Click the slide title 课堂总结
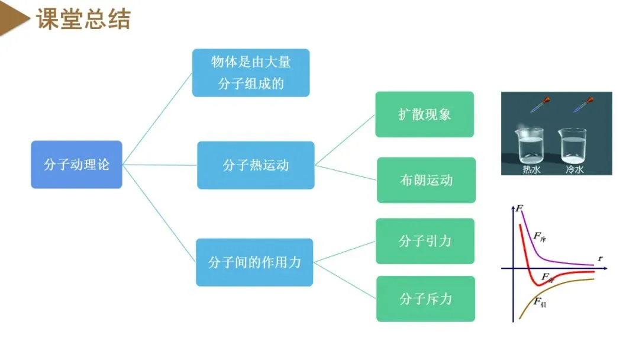pos(83,20)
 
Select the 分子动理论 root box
pos(76,165)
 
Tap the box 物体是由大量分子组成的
pos(251,72)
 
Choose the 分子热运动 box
pos(256,165)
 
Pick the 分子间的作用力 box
pos(254,262)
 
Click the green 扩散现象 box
pos(425,114)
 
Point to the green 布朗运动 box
pos(426,180)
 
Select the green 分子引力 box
pos(425,241)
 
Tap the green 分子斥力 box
pos(425,299)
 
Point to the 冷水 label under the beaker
pos(575,169)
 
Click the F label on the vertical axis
pos(519,208)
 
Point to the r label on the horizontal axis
pos(600,258)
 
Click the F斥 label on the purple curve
pos(540,236)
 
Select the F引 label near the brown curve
pos(539,303)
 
